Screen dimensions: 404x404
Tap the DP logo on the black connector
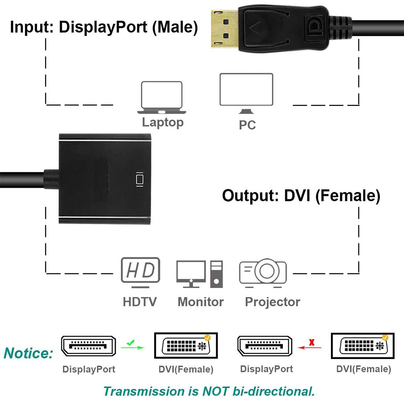click(x=314, y=27)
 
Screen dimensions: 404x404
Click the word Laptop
click(x=162, y=122)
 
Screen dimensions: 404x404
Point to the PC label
click(x=247, y=125)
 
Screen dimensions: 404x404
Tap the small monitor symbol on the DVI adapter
click(x=139, y=179)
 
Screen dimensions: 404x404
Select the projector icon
click(x=263, y=273)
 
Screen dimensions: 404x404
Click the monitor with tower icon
click(x=199, y=274)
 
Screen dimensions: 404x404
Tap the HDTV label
click(x=140, y=302)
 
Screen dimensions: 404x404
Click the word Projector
click(x=272, y=302)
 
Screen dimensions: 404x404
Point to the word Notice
click(x=28, y=353)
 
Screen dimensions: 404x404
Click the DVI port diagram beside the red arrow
click(x=363, y=346)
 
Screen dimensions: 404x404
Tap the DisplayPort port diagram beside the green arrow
click(x=89, y=346)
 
